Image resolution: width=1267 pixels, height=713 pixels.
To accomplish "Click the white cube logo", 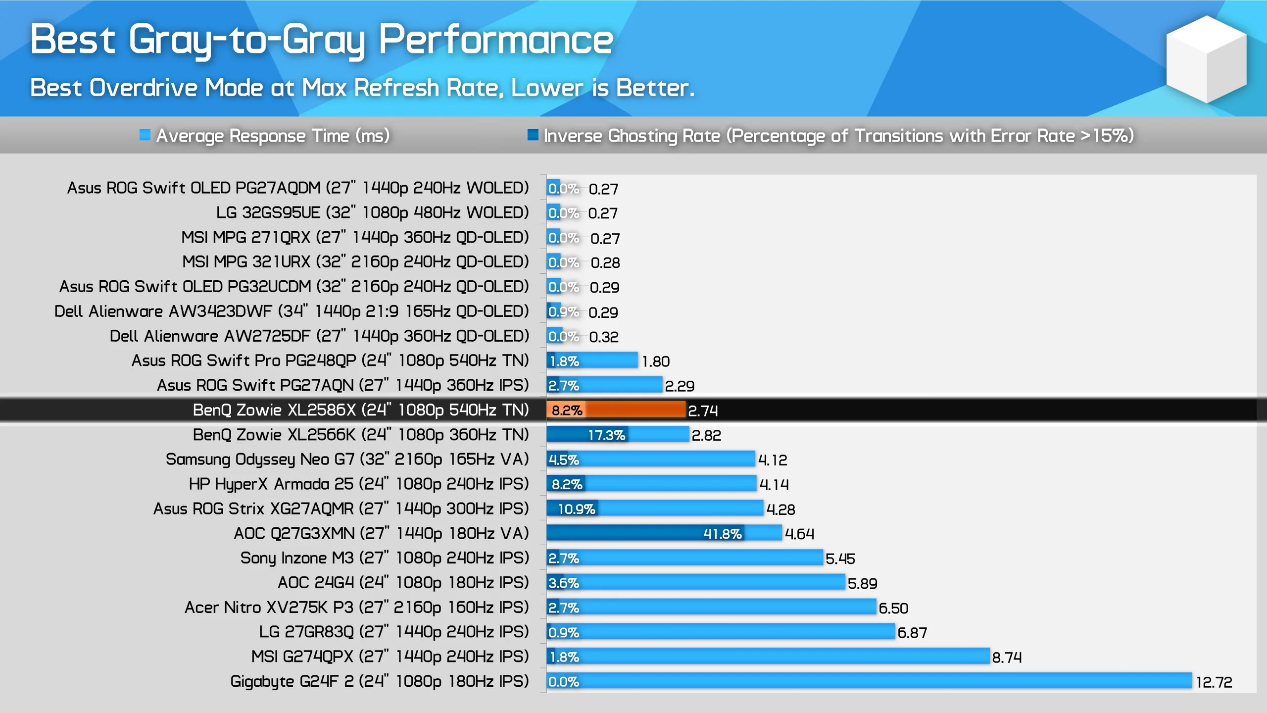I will coord(1206,59).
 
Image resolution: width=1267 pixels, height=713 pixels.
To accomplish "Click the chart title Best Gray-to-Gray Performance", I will coord(322,40).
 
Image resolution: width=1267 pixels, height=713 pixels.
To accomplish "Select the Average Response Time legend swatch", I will coord(145,135).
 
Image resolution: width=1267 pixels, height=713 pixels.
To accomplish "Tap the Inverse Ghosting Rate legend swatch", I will coord(533,135).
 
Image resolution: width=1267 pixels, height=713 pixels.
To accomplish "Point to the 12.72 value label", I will coord(1214,682).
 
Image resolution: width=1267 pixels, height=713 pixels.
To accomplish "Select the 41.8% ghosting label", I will coord(722,534).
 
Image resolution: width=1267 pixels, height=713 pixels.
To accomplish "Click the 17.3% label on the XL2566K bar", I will coord(606,435).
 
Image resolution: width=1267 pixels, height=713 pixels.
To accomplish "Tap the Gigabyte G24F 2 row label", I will coord(379,681).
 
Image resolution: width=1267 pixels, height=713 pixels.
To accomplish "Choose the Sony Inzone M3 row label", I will coord(384,558).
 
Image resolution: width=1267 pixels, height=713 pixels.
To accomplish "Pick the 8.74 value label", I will coord(1007,657).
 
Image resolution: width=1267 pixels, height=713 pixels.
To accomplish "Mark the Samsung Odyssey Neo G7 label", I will coord(347,459).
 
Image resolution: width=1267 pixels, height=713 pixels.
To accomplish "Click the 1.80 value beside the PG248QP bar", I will coord(655,361).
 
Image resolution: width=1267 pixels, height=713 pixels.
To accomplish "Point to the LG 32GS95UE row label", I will coord(372,212).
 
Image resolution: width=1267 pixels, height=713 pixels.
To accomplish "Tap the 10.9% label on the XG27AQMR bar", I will coord(577,509).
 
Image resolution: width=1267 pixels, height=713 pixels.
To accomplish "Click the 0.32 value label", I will coord(603,337).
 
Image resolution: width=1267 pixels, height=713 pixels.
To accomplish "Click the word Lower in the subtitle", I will coord(546,88).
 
